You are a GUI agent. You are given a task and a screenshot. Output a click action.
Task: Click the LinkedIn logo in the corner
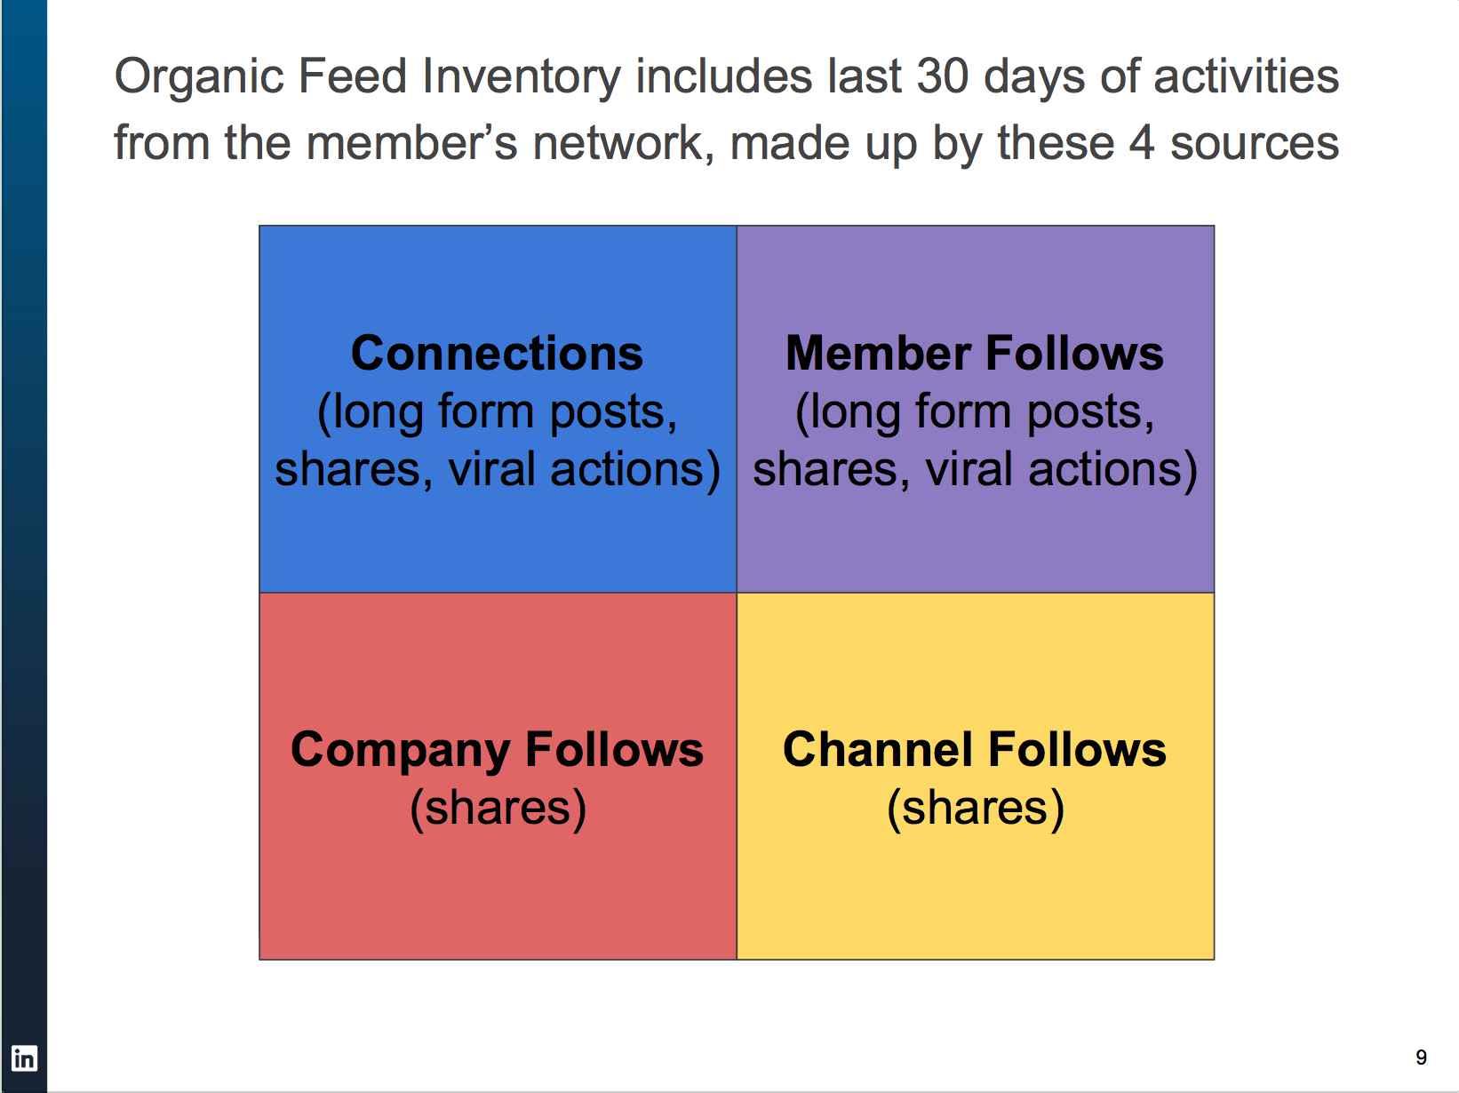click(x=24, y=1058)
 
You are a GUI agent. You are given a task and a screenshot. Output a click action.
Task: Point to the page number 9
click(x=1421, y=1057)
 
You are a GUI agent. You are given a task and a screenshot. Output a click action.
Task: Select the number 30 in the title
click(x=942, y=76)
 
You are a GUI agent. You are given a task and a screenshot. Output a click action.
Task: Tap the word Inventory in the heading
click(x=521, y=77)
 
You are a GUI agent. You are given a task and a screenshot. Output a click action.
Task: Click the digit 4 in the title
click(x=1141, y=143)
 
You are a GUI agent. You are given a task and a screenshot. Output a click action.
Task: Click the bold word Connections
click(x=497, y=354)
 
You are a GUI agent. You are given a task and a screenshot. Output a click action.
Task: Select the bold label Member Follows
click(x=975, y=354)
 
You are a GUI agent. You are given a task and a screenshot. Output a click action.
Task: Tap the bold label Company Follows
click(x=497, y=750)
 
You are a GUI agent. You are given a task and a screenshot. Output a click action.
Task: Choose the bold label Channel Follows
click(x=975, y=750)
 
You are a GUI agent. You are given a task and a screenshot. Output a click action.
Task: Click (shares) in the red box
click(x=498, y=809)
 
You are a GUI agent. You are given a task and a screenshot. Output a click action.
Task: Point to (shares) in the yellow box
click(x=976, y=809)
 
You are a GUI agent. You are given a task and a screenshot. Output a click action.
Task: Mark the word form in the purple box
click(x=963, y=412)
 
